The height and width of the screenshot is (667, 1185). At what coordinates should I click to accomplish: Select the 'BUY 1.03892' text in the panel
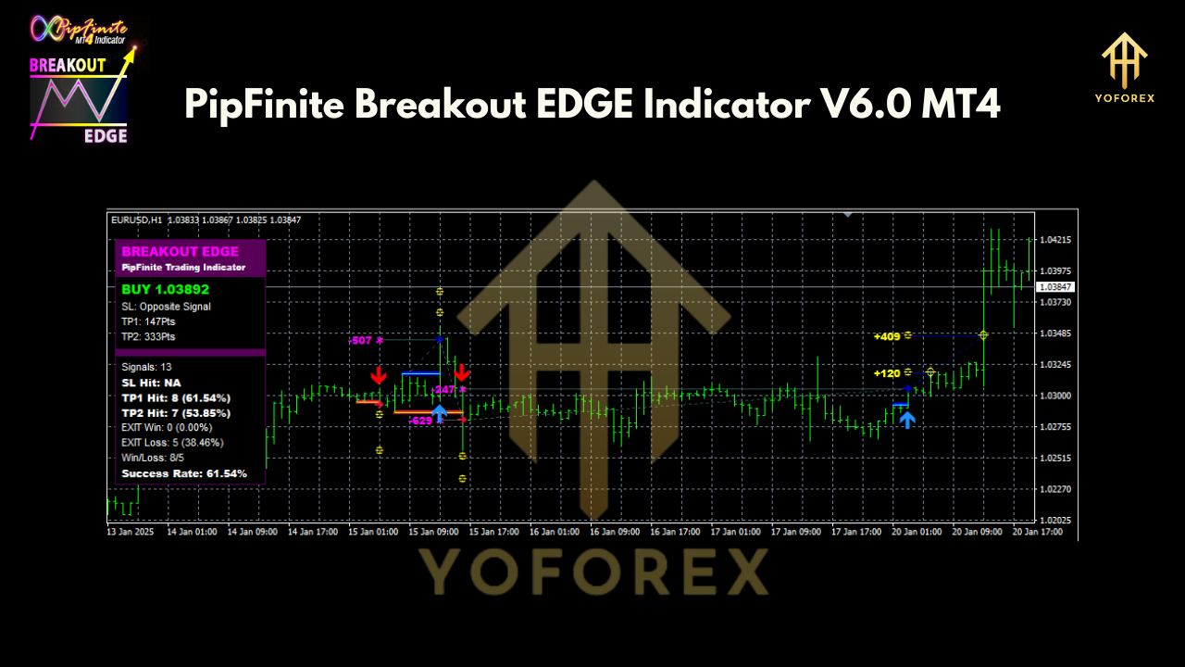click(x=166, y=289)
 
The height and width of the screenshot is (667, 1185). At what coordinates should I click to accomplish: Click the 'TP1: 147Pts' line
click(x=148, y=321)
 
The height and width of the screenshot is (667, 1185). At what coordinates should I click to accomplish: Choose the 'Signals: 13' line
click(x=146, y=367)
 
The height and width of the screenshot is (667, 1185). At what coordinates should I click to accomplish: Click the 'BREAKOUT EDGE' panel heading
click(x=180, y=252)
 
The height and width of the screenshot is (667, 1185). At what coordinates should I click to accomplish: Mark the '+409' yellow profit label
click(x=886, y=336)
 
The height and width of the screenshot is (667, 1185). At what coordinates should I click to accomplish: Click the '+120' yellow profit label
click(x=886, y=373)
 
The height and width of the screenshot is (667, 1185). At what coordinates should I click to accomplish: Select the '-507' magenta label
click(x=360, y=341)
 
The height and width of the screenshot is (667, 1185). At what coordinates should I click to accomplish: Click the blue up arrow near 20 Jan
click(x=907, y=419)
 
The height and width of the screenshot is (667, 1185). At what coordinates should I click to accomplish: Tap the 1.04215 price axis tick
click(x=1055, y=240)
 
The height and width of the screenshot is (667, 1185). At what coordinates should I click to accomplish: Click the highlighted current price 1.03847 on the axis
click(x=1054, y=287)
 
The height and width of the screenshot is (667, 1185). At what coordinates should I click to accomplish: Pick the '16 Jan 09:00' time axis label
click(x=615, y=533)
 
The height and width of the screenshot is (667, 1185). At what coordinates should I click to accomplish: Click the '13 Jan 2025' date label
click(x=130, y=533)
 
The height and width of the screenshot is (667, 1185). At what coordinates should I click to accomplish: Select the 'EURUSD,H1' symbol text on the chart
click(x=136, y=220)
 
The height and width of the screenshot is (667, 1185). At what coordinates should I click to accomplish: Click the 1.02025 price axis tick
click(x=1055, y=521)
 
